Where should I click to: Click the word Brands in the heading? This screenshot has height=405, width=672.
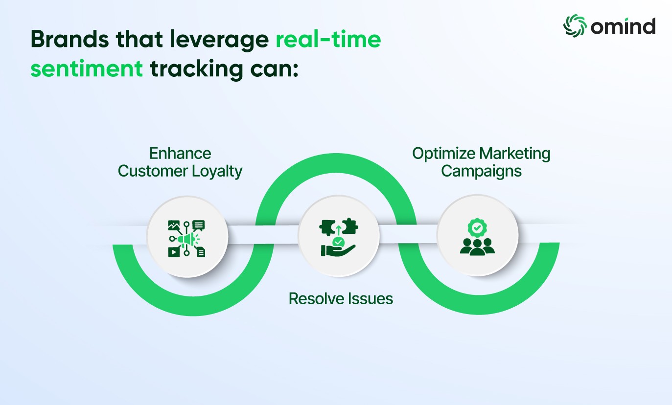pyautogui.click(x=70, y=39)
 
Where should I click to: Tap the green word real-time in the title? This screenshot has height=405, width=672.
pyautogui.click(x=328, y=39)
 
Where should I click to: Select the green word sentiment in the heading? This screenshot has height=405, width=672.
pyautogui.click(x=87, y=68)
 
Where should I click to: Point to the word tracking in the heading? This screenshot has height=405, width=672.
pyautogui.click(x=196, y=69)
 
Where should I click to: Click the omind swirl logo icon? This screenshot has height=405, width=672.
pyautogui.click(x=575, y=26)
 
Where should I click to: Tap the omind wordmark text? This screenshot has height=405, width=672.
pyautogui.click(x=623, y=26)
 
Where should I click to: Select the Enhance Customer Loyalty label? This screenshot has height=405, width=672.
pyautogui.click(x=180, y=162)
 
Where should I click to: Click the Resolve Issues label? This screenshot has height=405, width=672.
pyautogui.click(x=341, y=298)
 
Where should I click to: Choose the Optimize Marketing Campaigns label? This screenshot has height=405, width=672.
pyautogui.click(x=481, y=162)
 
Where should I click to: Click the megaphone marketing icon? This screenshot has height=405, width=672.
pyautogui.click(x=186, y=239)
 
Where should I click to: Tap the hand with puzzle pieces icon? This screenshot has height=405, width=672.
pyautogui.click(x=338, y=237)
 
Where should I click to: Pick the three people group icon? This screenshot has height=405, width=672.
pyautogui.click(x=477, y=247)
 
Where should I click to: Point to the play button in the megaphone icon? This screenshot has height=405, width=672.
pyautogui.click(x=174, y=252)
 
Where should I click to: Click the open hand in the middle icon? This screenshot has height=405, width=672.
pyautogui.click(x=338, y=250)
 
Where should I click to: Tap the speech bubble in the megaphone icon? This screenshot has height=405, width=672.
pyautogui.click(x=199, y=225)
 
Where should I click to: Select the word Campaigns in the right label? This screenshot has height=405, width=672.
pyautogui.click(x=481, y=172)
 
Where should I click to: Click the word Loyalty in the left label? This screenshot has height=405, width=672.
pyautogui.click(x=217, y=172)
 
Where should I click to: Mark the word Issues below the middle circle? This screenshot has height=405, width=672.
pyautogui.click(x=369, y=298)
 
